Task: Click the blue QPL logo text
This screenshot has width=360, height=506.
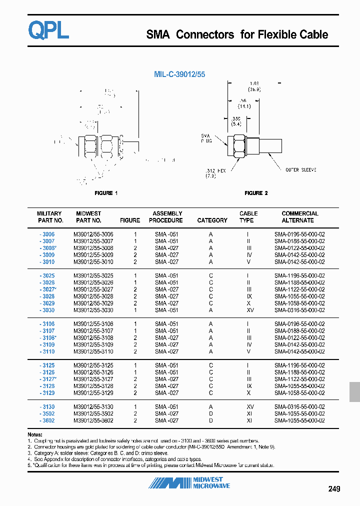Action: [48, 30]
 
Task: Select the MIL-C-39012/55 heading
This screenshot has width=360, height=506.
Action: [179, 74]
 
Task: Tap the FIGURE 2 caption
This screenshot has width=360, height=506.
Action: [256, 193]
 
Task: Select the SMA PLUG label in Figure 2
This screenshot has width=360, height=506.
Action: [206, 138]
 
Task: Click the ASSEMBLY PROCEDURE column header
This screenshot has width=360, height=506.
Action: [167, 217]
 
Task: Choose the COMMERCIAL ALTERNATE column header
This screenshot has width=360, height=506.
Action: [299, 217]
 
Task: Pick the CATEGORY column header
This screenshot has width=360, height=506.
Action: [212, 220]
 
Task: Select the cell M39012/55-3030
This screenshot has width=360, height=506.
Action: [93, 310]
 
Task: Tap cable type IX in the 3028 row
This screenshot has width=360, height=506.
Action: [248, 296]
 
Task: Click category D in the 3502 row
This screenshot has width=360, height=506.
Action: [211, 413]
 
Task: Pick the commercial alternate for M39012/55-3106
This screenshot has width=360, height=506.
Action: [299, 324]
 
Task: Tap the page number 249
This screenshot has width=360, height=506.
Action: [334, 489]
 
